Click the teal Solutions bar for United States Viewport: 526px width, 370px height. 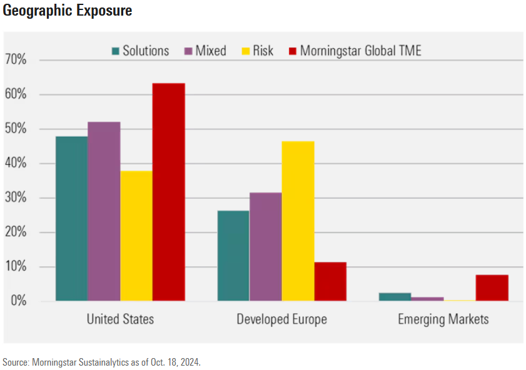coord(71,219)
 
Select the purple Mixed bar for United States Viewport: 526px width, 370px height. coord(104,211)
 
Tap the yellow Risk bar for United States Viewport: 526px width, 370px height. coord(136,236)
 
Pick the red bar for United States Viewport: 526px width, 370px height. coord(169,192)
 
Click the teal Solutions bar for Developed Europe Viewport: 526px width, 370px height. coord(233,256)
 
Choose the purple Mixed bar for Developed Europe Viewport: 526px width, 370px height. coord(265,247)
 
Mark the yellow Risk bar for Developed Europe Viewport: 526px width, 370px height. coord(298,221)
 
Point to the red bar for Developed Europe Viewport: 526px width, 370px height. coord(330,282)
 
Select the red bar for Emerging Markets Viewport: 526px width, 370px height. coord(492,288)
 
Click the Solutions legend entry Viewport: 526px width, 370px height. coord(140,51)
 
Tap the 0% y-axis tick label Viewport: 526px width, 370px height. coord(18,301)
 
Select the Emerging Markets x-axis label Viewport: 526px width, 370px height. coord(443,320)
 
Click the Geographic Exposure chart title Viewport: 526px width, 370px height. coord(68,11)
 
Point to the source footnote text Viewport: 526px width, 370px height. coord(102,362)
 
